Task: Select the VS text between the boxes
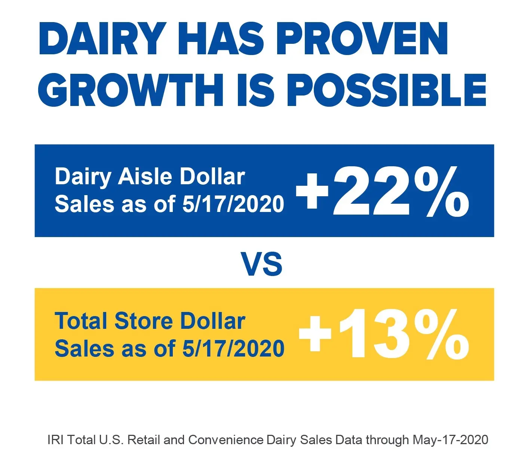[x=262, y=264]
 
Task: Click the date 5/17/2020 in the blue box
[x=233, y=204]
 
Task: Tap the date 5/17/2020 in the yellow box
[x=233, y=349]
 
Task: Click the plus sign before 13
[x=315, y=333]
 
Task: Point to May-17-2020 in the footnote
[x=450, y=440]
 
